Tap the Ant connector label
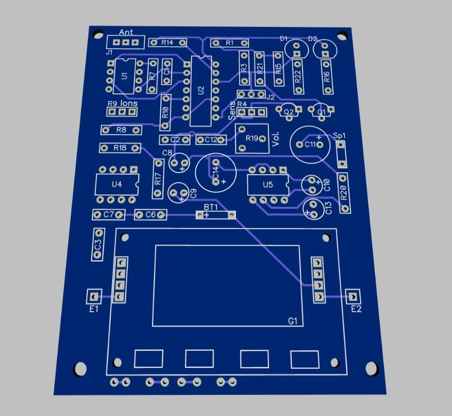point(126,33)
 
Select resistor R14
point(167,43)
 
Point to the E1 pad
point(93,296)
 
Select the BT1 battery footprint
point(216,215)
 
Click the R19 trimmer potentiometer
point(252,138)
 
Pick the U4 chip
point(117,184)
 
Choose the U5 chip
point(268,184)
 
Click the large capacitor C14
point(216,171)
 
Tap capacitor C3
point(98,244)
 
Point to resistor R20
point(344,193)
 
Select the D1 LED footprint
point(295,49)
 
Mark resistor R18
point(120,148)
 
